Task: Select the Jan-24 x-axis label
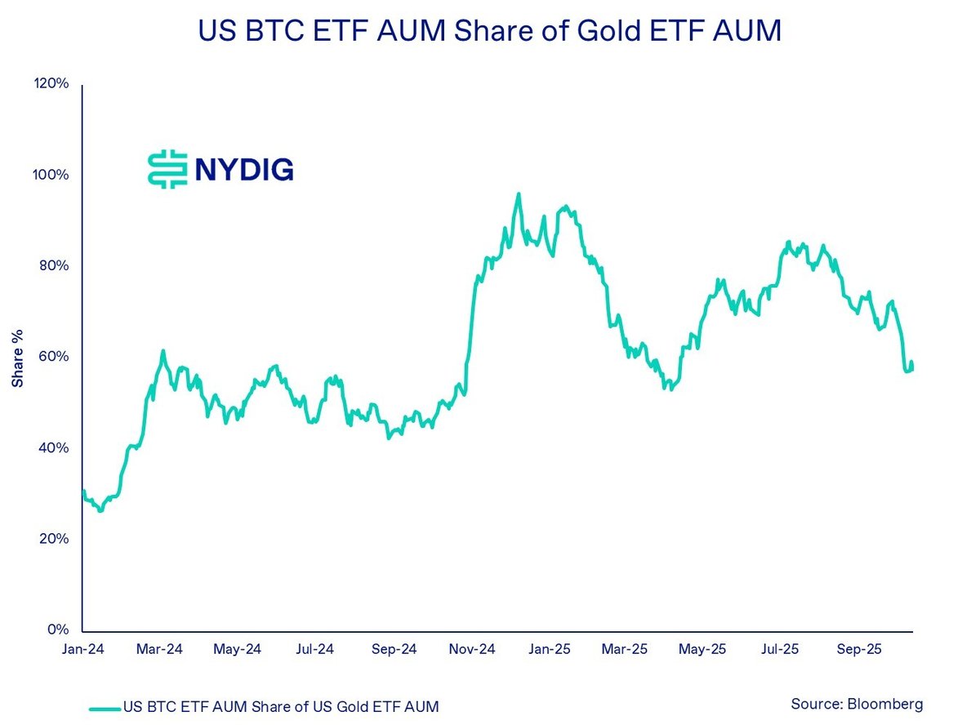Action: [x=83, y=650]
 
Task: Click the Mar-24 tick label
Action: [x=160, y=650]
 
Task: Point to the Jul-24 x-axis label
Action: [x=314, y=650]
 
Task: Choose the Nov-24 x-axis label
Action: [x=472, y=650]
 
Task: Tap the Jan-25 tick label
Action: [x=550, y=650]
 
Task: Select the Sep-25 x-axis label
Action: [x=860, y=650]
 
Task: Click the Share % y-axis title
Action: [x=17, y=358]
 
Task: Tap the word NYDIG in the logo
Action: [x=243, y=170]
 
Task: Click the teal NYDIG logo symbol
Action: [x=163, y=170]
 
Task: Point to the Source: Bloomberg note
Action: [x=857, y=704]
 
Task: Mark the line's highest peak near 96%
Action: [x=518, y=194]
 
